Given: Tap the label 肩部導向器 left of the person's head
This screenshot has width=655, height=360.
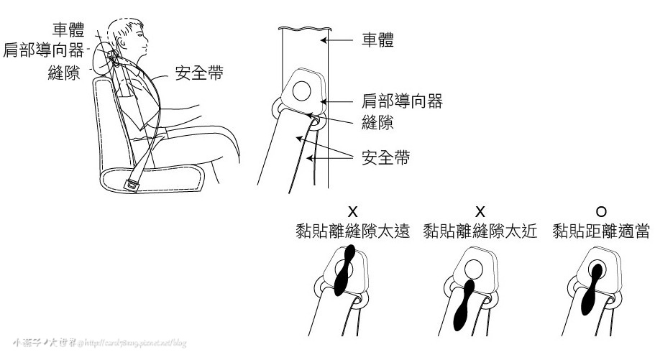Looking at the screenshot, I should [44, 52].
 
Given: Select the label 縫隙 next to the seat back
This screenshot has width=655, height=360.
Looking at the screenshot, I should [63, 74].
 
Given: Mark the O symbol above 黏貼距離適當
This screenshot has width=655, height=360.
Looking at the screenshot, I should [601, 211].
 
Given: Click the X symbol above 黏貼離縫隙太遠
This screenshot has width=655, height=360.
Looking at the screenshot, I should [352, 211].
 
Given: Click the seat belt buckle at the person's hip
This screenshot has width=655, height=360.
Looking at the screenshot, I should [133, 185].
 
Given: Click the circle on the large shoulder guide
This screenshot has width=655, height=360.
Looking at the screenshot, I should [303, 90].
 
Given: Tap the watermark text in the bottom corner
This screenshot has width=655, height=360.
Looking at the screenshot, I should [96, 343].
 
